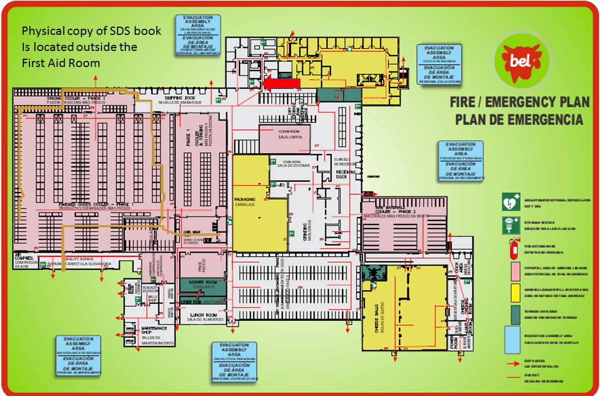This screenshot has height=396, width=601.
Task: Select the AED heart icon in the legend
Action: pos(510,202)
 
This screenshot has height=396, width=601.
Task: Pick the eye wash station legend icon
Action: pos(510,225)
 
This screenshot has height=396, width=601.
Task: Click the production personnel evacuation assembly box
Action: pos(235,362)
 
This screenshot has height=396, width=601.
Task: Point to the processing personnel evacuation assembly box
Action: pos(461,161)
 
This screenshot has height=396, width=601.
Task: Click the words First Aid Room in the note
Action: pos(61,63)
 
